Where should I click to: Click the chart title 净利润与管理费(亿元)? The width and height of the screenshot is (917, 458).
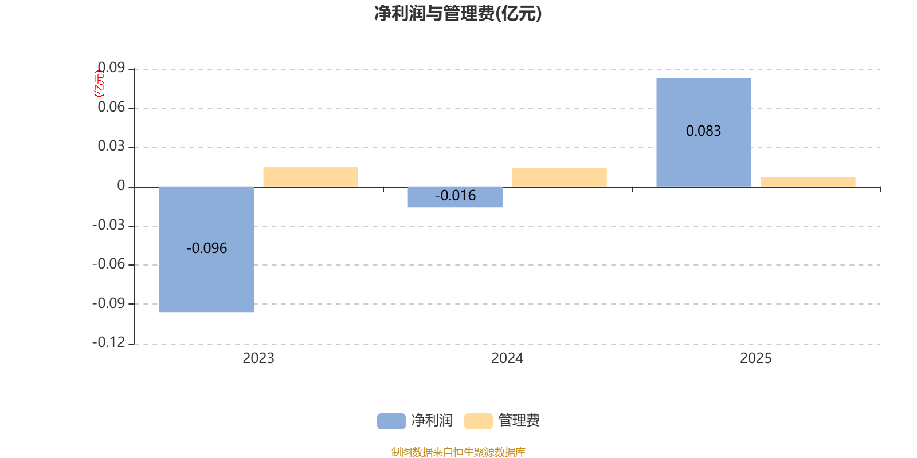point(458,13)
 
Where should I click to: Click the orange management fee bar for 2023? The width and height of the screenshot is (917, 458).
point(311,176)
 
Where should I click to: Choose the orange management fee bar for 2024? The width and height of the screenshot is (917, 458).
point(559,177)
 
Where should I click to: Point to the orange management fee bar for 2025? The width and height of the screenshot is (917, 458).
point(808,181)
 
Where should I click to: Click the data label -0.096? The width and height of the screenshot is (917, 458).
point(206,248)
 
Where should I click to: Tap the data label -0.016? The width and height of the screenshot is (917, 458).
point(455,196)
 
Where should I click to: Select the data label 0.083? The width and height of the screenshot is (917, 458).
point(703,131)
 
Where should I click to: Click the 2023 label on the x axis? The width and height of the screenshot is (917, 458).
point(258,358)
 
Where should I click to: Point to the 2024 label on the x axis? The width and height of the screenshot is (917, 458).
point(507,358)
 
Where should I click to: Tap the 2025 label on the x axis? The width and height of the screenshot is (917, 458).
point(755,358)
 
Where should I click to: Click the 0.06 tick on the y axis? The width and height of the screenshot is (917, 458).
point(111,108)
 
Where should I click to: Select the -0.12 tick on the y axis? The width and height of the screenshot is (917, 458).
point(109,342)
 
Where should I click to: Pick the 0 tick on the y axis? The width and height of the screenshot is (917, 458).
point(121,185)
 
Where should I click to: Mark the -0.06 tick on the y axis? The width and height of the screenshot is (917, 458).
point(109,264)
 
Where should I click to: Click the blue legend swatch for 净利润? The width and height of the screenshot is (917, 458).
point(391,421)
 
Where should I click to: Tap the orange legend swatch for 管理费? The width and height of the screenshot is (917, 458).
point(478,421)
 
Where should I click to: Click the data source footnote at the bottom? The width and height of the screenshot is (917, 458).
point(458,452)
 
